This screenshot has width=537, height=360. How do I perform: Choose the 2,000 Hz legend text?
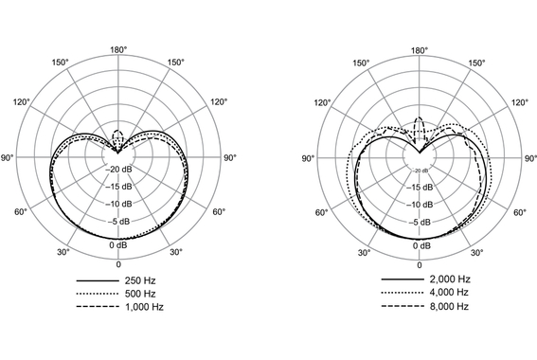pyautogui.click(x=450, y=280)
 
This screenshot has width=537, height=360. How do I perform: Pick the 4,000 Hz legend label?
pyautogui.click(x=450, y=295)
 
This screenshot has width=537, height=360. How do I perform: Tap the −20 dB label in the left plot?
pyautogui.click(x=118, y=170)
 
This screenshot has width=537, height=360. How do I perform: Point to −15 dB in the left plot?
pyautogui.click(x=118, y=188)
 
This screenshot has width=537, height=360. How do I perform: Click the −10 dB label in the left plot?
pyautogui.click(x=118, y=205)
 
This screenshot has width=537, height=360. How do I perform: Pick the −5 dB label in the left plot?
pyautogui.click(x=118, y=223)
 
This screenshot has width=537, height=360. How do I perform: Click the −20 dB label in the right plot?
pyautogui.click(x=419, y=171)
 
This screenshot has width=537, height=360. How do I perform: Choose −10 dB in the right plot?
pyautogui.click(x=419, y=205)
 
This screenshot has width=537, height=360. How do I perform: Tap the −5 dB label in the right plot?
pyautogui.click(x=419, y=223)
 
